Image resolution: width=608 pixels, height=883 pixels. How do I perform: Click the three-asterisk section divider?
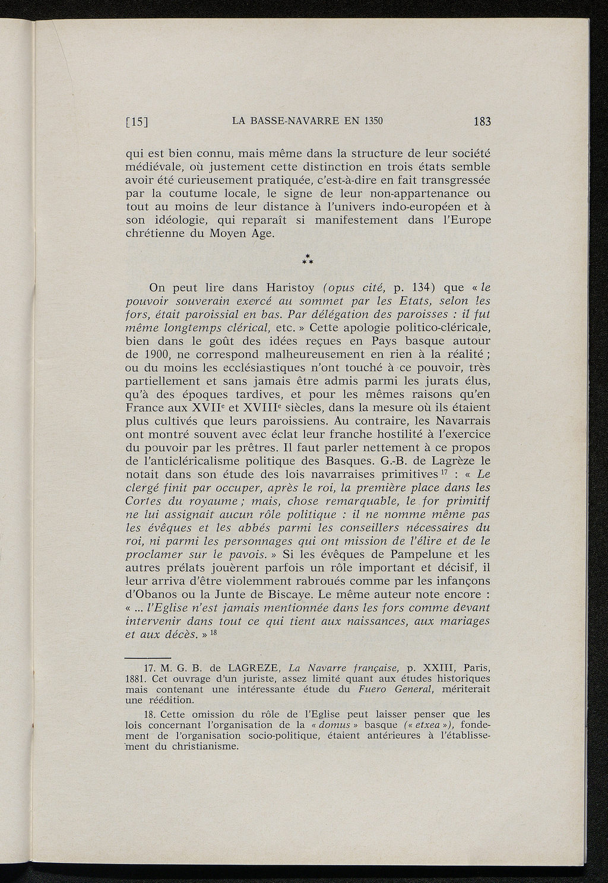coord(308,259)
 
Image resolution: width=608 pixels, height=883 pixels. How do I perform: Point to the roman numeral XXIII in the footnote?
coord(436,667)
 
